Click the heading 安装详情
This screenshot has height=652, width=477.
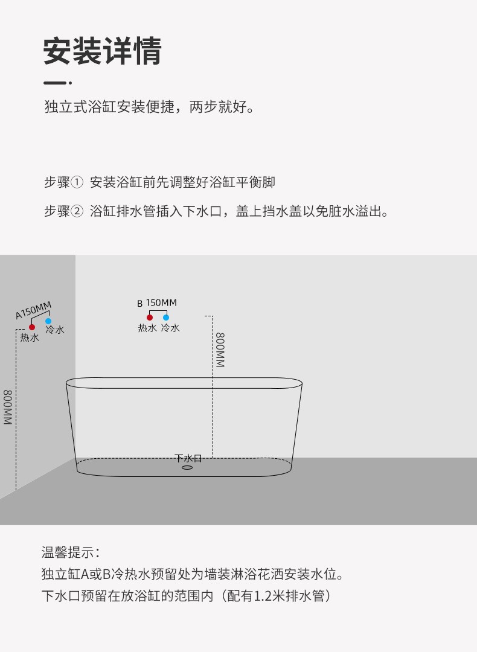coord(102,51)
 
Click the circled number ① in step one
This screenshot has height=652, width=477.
coord(77,182)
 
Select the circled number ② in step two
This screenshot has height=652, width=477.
coord(77,212)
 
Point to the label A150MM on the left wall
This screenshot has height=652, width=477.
coord(33,310)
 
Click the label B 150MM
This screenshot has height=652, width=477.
coord(157,303)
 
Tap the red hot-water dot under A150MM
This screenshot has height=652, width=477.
coord(32,327)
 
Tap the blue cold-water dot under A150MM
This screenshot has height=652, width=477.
coord(48,321)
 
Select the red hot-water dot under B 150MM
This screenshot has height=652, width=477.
coord(150,318)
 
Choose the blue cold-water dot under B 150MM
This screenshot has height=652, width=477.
coord(166,318)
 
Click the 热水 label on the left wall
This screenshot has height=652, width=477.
coord(30,337)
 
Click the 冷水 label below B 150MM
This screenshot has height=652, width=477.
coord(170,328)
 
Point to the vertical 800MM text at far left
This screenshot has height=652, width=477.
coord(8,407)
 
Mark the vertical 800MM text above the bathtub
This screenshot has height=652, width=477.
coord(220,350)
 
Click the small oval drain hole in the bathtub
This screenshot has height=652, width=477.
coord(187,467)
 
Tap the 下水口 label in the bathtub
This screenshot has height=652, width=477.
coord(188,458)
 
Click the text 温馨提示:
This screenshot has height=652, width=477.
coord(70,552)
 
